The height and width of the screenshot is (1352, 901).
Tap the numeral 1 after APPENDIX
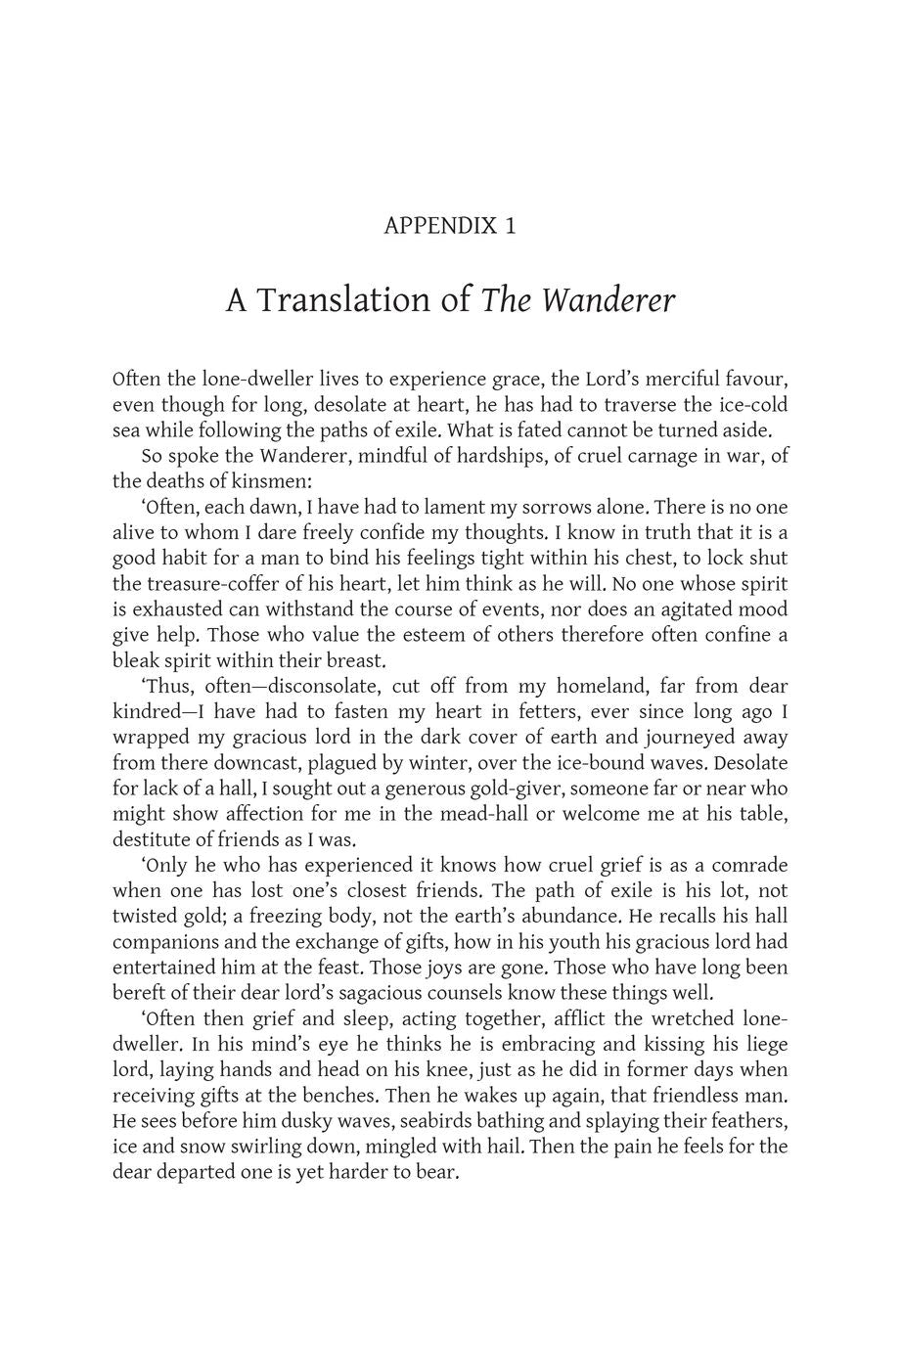click(x=510, y=226)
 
